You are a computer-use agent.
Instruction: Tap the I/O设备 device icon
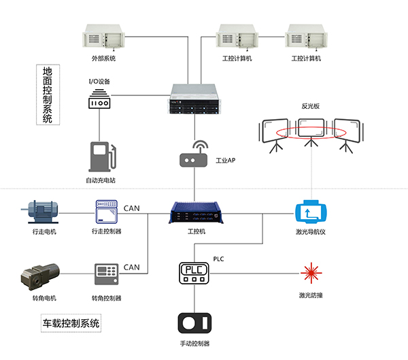(99, 100)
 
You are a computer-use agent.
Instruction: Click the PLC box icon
(195, 273)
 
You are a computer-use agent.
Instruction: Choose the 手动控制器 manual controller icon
(195, 323)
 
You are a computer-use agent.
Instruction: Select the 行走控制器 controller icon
(106, 212)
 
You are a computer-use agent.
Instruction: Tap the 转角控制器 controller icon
(106, 275)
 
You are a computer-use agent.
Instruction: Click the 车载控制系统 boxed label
(71, 323)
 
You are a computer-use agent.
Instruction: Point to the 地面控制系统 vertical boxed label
(47, 95)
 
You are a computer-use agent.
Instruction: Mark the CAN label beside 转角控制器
(132, 267)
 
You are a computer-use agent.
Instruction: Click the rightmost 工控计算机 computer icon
(305, 37)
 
